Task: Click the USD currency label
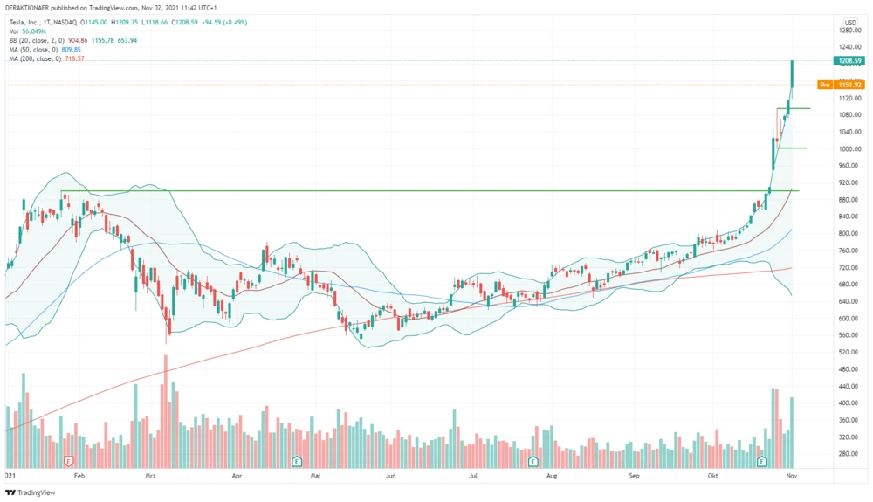[x=849, y=22]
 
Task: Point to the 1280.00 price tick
[x=849, y=31]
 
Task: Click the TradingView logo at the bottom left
[x=31, y=493]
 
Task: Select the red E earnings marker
[x=69, y=460]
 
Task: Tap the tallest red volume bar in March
[x=165, y=410]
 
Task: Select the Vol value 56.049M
[x=35, y=31]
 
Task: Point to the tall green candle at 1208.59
[x=792, y=74]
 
